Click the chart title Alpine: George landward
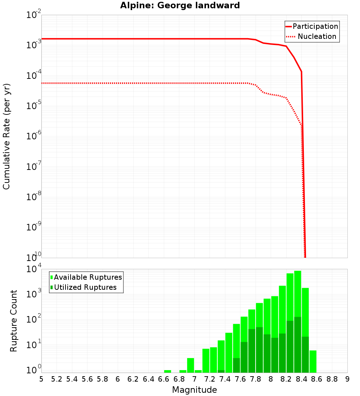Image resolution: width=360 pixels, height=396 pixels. [x=180, y=5]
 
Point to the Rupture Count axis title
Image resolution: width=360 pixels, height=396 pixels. [x=14, y=321]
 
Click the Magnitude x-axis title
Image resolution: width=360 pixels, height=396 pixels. [x=194, y=390]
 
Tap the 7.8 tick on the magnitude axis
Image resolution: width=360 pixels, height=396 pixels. [x=256, y=379]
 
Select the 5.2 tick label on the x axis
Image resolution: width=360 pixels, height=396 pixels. [x=57, y=379]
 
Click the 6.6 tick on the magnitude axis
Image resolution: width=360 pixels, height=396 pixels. [x=164, y=379]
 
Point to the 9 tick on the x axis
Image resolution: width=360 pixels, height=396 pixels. [x=347, y=379]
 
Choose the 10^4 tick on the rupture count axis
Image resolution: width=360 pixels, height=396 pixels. [x=34, y=270]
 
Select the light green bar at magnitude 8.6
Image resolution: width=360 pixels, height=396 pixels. [x=313, y=361]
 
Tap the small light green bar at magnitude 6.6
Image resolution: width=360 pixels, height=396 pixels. [x=167, y=371]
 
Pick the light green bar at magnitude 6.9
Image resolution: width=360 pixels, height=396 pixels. [x=190, y=365]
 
